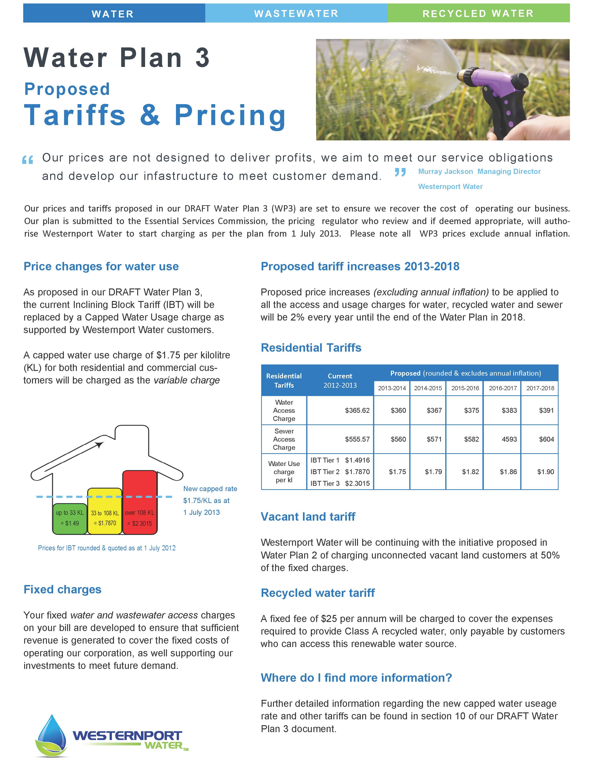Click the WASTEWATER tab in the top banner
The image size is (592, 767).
pyautogui.click(x=296, y=13)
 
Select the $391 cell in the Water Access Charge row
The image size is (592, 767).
pyautogui.click(x=546, y=410)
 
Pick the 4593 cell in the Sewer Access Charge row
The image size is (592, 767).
pyautogui.click(x=509, y=439)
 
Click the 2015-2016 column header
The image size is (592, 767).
pyautogui.click(x=465, y=388)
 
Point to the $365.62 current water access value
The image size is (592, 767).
pyautogui.click(x=357, y=410)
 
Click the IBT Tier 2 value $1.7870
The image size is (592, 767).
pyautogui.click(x=357, y=472)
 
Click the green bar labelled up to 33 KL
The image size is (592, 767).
pyautogui.click(x=70, y=518)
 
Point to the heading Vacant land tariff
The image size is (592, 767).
pyautogui.click(x=308, y=517)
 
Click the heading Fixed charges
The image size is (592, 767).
pyautogui.click(x=62, y=589)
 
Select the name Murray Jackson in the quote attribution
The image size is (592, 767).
pyautogui.click(x=446, y=171)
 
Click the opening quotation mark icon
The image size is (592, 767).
pyautogui.click(x=27, y=160)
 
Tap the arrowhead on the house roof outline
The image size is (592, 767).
pyautogui.click(x=100, y=445)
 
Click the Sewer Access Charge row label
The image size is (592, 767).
pyautogui.click(x=284, y=439)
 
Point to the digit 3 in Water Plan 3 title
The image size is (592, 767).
pyautogui.click(x=202, y=58)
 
